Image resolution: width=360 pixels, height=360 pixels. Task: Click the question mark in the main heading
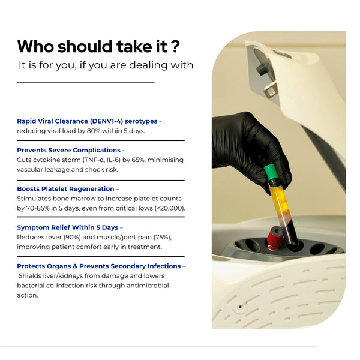[x=175, y=47]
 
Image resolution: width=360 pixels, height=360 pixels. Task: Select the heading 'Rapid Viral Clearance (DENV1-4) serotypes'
[x=87, y=121]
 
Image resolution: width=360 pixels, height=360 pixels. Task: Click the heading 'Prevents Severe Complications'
[x=68, y=150]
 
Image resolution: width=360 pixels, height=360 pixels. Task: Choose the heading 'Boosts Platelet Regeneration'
[x=65, y=189]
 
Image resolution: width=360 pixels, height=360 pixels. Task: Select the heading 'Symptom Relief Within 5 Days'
[x=67, y=227]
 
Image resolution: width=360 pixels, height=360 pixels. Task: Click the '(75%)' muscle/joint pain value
[x=163, y=237]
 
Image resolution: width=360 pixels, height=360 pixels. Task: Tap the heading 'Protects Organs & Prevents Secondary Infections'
[x=99, y=266]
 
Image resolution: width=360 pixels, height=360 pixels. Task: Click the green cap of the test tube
[x=271, y=172]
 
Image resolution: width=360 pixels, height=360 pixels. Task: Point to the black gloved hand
[x=248, y=147]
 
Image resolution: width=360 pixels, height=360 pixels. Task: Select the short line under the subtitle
[x=86, y=83]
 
